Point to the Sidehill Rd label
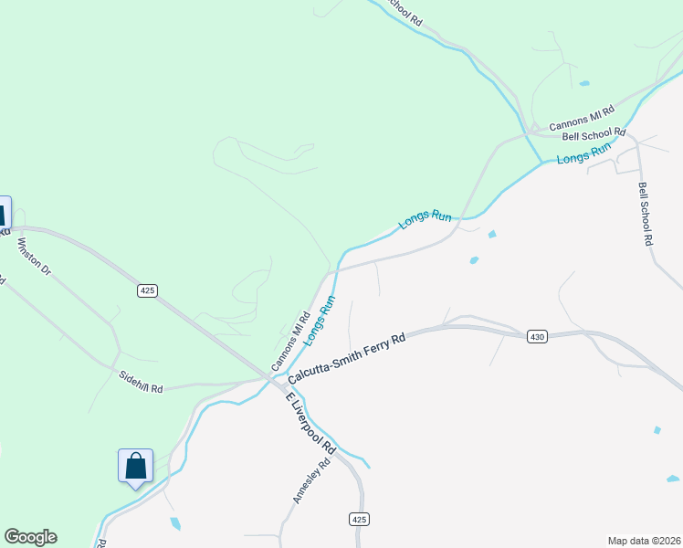point(141,382)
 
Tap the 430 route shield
point(537,337)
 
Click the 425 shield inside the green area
point(148,290)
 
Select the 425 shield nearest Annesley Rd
point(360,519)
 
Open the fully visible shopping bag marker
point(136,466)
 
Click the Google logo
point(30,537)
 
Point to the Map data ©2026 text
point(644,541)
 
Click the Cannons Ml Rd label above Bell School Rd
point(584,120)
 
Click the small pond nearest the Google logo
point(174,523)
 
